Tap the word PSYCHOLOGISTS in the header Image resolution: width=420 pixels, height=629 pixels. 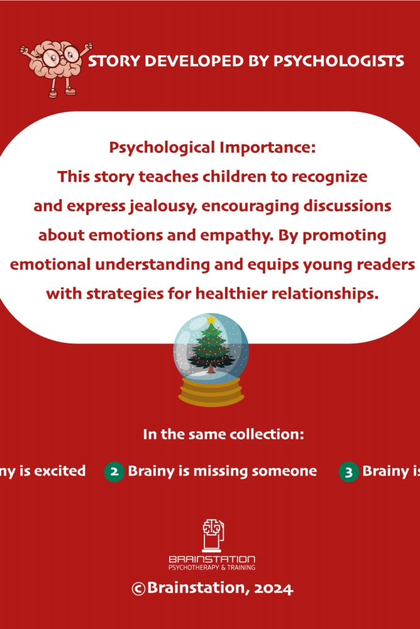(x=338, y=61)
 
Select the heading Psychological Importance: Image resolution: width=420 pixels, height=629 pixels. (x=213, y=148)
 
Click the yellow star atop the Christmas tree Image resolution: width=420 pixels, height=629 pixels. (x=211, y=320)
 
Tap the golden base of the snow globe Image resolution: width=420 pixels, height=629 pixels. (x=211, y=391)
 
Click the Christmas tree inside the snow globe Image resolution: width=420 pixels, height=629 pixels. (x=211, y=347)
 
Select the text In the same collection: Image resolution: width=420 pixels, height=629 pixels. (x=223, y=435)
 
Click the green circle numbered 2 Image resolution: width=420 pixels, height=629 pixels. (x=114, y=472)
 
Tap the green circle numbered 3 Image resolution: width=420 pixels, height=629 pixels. (x=348, y=472)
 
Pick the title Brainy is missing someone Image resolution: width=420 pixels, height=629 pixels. (x=222, y=471)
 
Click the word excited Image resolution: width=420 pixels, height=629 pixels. (x=60, y=471)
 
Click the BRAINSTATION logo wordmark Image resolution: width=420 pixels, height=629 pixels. (x=212, y=559)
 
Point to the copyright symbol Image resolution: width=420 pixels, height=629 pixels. (x=138, y=589)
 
